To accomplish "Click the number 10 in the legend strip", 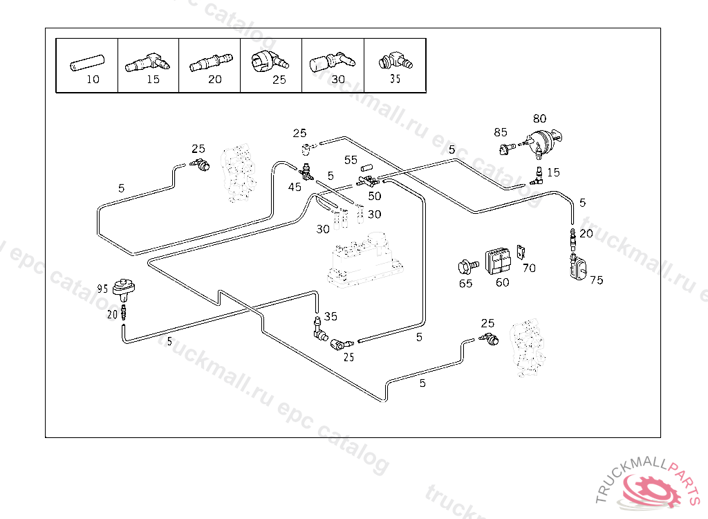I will (93, 79).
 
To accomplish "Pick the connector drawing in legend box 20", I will (208, 64).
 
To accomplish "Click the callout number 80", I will (539, 119).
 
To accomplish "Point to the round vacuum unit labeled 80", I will (545, 143).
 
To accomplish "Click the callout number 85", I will (500, 132).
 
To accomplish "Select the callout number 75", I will (596, 280).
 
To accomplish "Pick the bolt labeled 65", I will (466, 266).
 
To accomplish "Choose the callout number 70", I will (529, 268).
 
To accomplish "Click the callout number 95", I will (102, 289).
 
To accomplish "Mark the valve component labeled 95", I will (124, 285).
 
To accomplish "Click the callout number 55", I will (351, 160).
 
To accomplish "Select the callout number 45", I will (295, 187).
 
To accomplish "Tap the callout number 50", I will (374, 196).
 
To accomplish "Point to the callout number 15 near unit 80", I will (553, 172).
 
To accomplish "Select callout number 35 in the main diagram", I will (330, 316).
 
